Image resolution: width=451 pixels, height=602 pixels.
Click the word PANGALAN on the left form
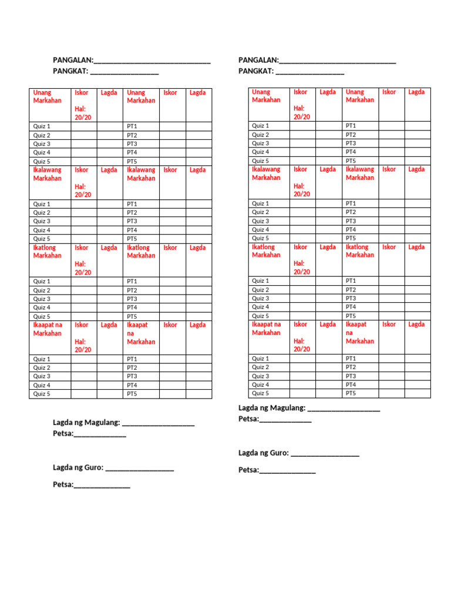pyautogui.click(x=73, y=61)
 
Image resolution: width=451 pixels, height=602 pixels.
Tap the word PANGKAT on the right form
pyautogui.click(x=256, y=71)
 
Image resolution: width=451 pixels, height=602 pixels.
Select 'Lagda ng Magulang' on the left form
pyautogui.click(x=86, y=422)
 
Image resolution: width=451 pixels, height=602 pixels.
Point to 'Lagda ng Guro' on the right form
pyautogui.click(x=263, y=453)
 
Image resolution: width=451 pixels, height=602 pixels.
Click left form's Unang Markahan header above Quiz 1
pyautogui.click(x=48, y=96)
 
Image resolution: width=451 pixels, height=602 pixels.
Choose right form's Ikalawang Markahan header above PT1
pyautogui.click(x=360, y=173)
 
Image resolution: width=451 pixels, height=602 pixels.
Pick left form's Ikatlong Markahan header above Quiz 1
pyautogui.click(x=48, y=252)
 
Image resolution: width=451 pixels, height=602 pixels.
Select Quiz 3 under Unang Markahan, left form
pyautogui.click(x=42, y=143)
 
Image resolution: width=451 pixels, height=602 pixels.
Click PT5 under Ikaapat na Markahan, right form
pyautogui.click(x=351, y=393)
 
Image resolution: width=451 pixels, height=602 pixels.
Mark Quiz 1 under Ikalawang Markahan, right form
pyautogui.click(x=261, y=203)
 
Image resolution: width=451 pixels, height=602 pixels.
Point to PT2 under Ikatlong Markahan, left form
pyautogui.click(x=132, y=290)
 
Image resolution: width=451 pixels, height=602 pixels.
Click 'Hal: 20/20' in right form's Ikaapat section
pyautogui.click(x=302, y=345)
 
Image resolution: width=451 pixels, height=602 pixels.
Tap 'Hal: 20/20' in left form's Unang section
pyautogui.click(x=83, y=113)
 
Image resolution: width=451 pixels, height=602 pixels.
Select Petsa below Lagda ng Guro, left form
pyautogui.click(x=63, y=484)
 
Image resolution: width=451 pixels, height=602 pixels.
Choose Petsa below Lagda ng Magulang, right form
pyautogui.click(x=248, y=419)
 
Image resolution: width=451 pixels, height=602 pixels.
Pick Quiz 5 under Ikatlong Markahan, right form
pyautogui.click(x=261, y=316)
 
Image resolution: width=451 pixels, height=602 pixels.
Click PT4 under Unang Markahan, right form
pyautogui.click(x=351, y=152)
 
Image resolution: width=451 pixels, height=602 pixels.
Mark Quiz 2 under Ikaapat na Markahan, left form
pyautogui.click(x=42, y=367)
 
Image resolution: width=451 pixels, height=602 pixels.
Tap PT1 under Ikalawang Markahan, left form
pyautogui.click(x=132, y=204)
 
